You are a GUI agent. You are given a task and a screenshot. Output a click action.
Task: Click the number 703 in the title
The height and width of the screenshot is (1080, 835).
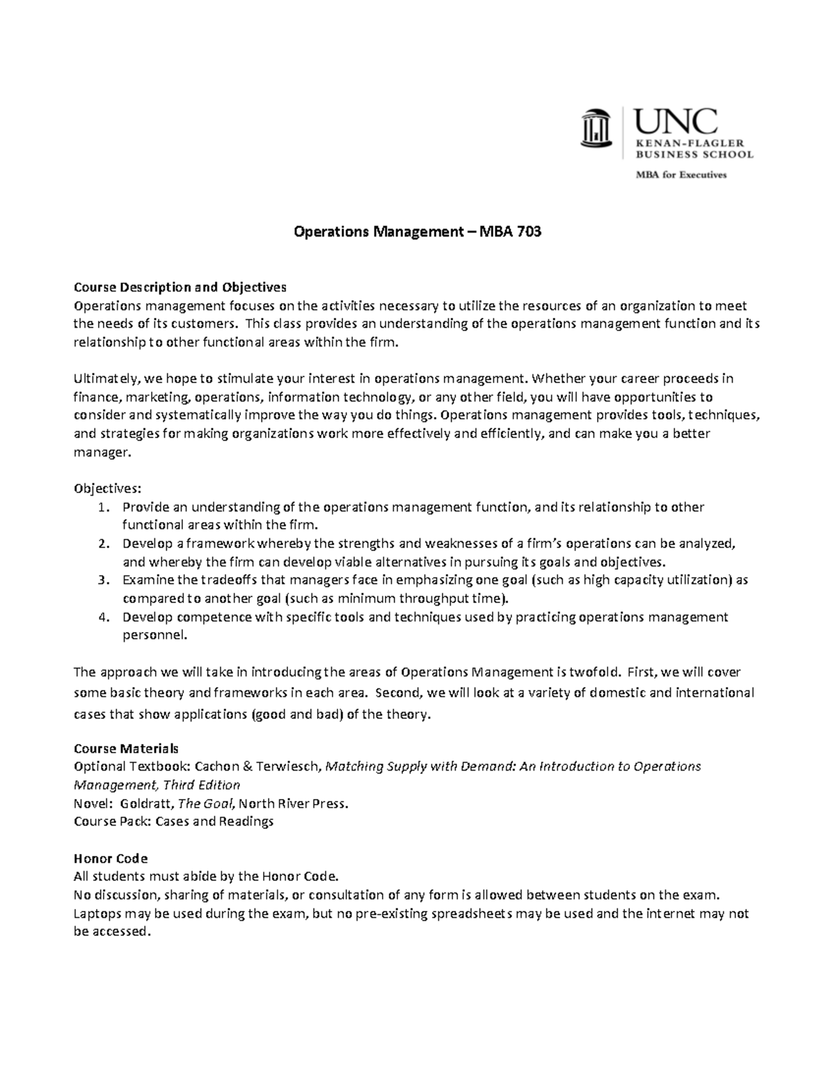pyautogui.click(x=527, y=232)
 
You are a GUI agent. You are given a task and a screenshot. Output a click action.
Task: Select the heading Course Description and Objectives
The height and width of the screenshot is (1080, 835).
pyautogui.click(x=180, y=287)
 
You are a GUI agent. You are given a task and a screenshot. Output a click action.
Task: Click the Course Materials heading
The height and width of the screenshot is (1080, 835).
pyautogui.click(x=126, y=748)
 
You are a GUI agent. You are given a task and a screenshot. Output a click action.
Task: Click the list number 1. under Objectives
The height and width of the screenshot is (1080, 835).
pyautogui.click(x=104, y=507)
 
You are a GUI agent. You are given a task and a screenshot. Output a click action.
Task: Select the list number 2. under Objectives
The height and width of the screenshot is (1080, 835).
pyautogui.click(x=104, y=544)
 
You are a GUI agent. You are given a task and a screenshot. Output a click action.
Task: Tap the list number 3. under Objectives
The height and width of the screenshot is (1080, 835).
pyautogui.click(x=104, y=580)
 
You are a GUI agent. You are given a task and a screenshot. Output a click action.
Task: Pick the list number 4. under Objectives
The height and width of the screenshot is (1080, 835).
pyautogui.click(x=104, y=617)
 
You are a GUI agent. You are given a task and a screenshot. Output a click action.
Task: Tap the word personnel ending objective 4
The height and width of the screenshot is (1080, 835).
pyautogui.click(x=154, y=635)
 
